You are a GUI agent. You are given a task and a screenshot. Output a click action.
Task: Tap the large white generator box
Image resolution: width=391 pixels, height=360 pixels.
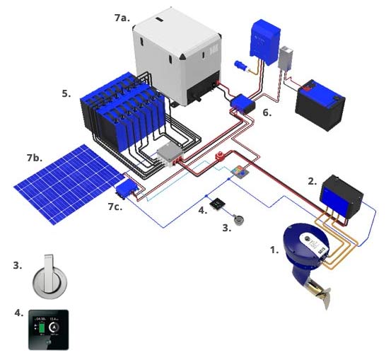pyautogui.click(x=176, y=57)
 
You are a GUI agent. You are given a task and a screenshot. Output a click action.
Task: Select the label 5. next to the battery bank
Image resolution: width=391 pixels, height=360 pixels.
pyautogui.click(x=66, y=93)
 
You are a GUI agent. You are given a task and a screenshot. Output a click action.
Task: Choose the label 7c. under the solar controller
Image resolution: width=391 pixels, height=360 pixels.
pyautogui.click(x=116, y=206)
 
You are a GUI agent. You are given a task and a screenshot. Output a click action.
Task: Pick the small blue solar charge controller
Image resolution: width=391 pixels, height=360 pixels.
pyautogui.click(x=127, y=189)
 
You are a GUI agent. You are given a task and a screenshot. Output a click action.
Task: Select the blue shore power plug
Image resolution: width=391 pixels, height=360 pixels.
pyautogui.click(x=240, y=68)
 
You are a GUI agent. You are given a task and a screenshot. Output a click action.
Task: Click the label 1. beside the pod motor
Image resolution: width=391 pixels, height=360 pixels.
pyautogui.click(x=274, y=250)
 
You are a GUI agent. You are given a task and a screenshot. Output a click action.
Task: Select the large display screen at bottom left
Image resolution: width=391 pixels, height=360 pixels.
pyautogui.click(x=48, y=330)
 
